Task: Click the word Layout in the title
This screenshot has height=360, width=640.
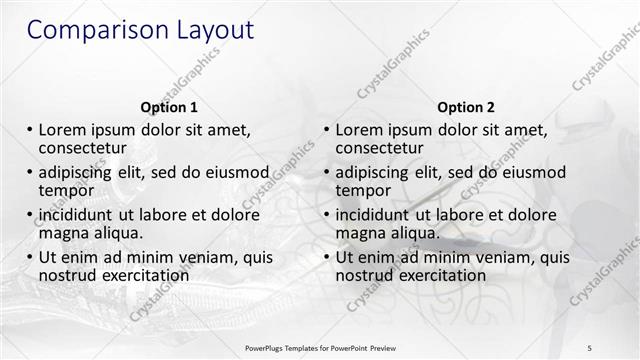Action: (x=209, y=30)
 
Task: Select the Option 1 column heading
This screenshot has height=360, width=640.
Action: (x=169, y=107)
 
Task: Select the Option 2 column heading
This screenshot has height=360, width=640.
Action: (x=466, y=107)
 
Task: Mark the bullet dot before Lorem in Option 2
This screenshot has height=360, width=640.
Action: (x=327, y=130)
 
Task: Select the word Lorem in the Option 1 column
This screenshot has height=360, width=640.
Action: (x=61, y=129)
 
